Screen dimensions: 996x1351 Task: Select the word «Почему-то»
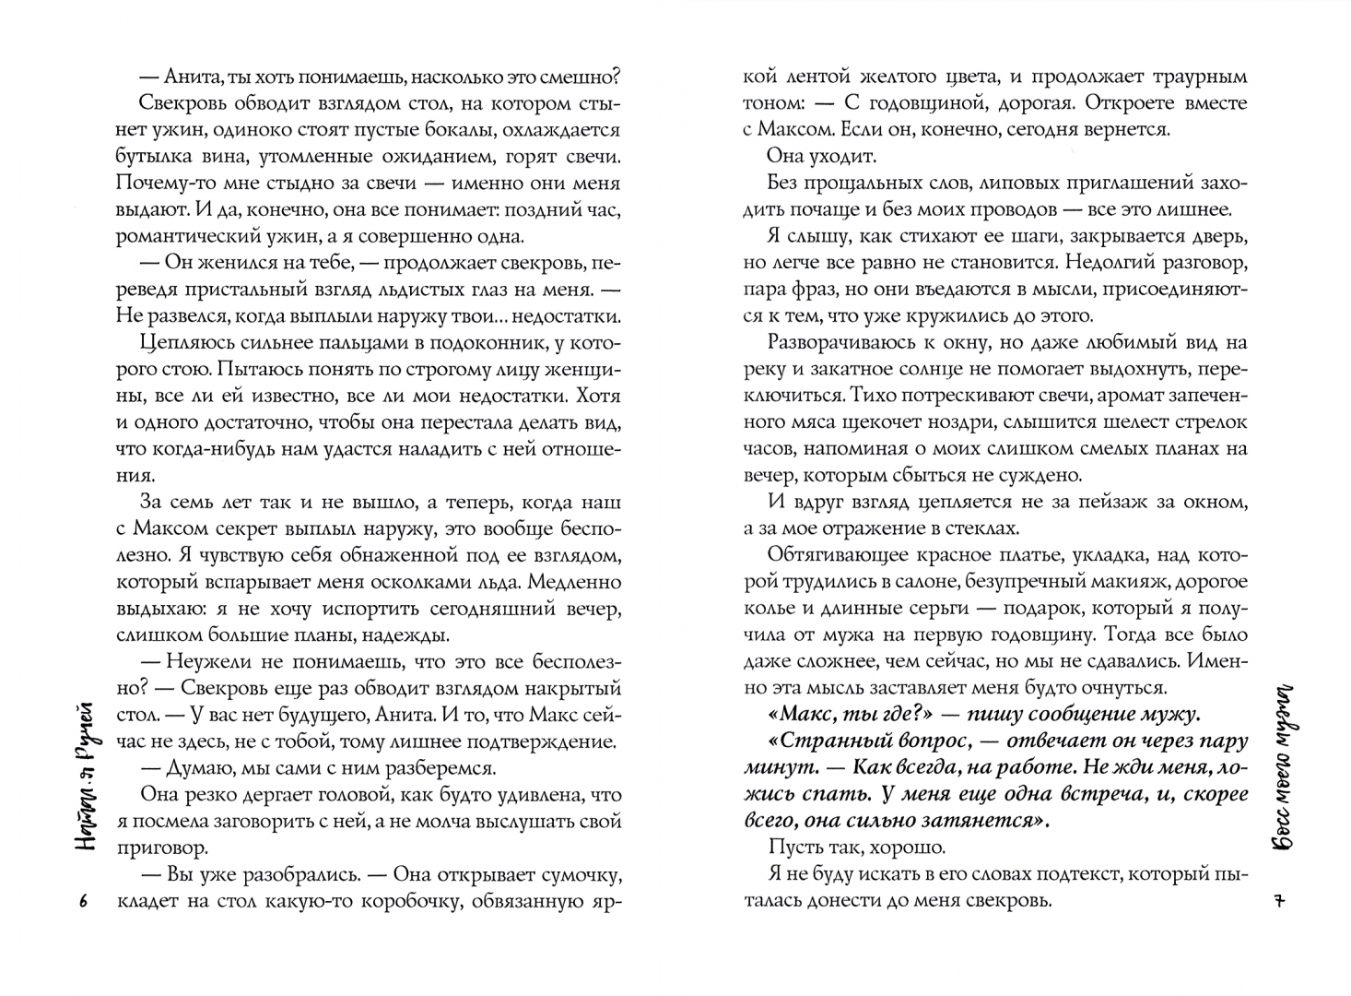pyautogui.click(x=163, y=183)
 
